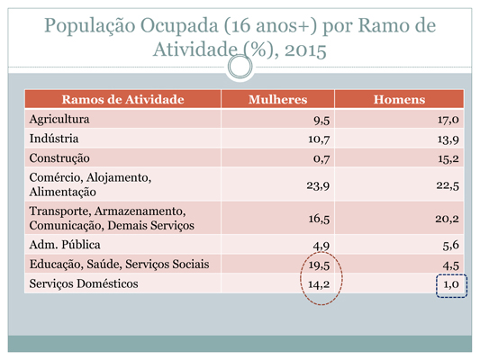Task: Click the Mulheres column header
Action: click(x=277, y=99)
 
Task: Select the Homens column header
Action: click(x=399, y=99)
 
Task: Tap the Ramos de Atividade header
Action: click(x=122, y=99)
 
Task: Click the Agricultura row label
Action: click(x=59, y=120)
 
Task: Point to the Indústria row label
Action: click(x=54, y=139)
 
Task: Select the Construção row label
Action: click(x=59, y=158)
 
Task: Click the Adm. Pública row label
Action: click(x=65, y=245)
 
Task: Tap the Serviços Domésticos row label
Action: click(x=84, y=283)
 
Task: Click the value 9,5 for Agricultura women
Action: click(x=322, y=121)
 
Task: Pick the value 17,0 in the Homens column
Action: click(x=448, y=120)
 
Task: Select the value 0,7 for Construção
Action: click(x=322, y=159)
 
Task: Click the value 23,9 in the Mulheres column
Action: click(x=318, y=185)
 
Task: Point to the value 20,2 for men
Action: click(x=448, y=219)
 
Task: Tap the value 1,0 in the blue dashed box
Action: click(x=451, y=284)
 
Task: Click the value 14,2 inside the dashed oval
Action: click(x=319, y=284)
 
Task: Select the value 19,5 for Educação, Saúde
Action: click(x=319, y=265)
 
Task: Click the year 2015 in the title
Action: click(x=305, y=50)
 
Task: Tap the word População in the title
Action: click(x=90, y=26)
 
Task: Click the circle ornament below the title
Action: click(x=240, y=67)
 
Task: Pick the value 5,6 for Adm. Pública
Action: click(x=451, y=246)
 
